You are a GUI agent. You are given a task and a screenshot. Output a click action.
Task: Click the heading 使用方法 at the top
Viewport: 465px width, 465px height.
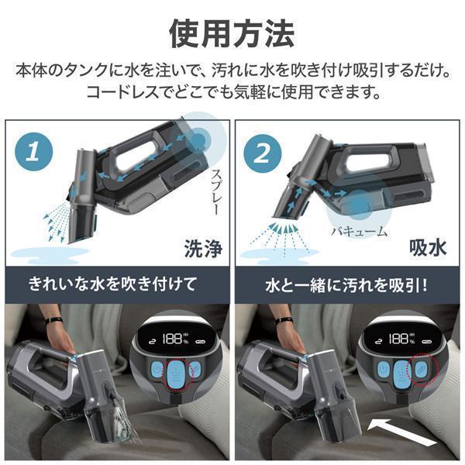pyautogui.click(x=232, y=33)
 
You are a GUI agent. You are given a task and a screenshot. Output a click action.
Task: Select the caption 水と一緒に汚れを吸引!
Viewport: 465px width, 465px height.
pyautogui.click(x=349, y=284)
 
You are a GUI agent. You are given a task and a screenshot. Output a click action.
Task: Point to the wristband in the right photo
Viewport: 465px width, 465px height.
pyautogui.click(x=283, y=319)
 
